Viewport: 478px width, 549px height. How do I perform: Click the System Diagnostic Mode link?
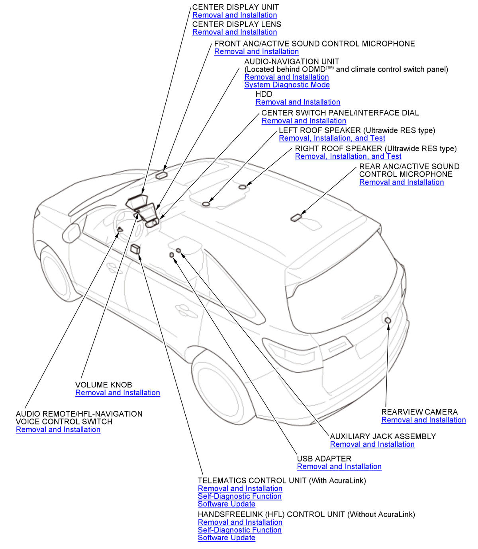coord(287,85)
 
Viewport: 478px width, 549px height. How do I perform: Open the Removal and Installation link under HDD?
coord(298,102)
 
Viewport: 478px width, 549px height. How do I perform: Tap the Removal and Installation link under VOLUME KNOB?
coord(118,393)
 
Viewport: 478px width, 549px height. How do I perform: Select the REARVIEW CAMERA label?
coord(419,412)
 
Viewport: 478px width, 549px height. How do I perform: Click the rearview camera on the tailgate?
coord(388,320)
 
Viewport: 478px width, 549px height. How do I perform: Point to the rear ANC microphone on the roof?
coord(296,218)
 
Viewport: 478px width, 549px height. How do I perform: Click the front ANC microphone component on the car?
coord(161,175)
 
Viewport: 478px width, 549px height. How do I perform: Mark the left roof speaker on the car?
coord(206,204)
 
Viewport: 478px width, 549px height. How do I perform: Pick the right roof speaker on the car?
coord(242,187)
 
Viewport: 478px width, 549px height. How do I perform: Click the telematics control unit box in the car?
coord(135,249)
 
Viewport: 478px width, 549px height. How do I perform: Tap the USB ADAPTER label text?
coord(324,459)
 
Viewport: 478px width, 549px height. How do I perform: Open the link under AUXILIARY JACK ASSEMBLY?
coord(372,444)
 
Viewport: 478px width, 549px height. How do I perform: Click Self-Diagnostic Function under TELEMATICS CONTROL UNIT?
coord(239,496)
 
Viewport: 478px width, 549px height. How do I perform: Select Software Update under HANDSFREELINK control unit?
coord(226,538)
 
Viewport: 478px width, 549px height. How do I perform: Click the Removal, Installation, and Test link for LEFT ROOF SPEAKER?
coord(332,138)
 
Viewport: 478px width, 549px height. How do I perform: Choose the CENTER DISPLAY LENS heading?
coord(237,24)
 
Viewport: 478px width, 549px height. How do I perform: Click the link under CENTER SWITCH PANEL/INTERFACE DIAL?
coord(304,121)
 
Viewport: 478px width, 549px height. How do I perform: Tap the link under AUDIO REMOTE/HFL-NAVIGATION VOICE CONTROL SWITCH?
coord(58,430)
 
